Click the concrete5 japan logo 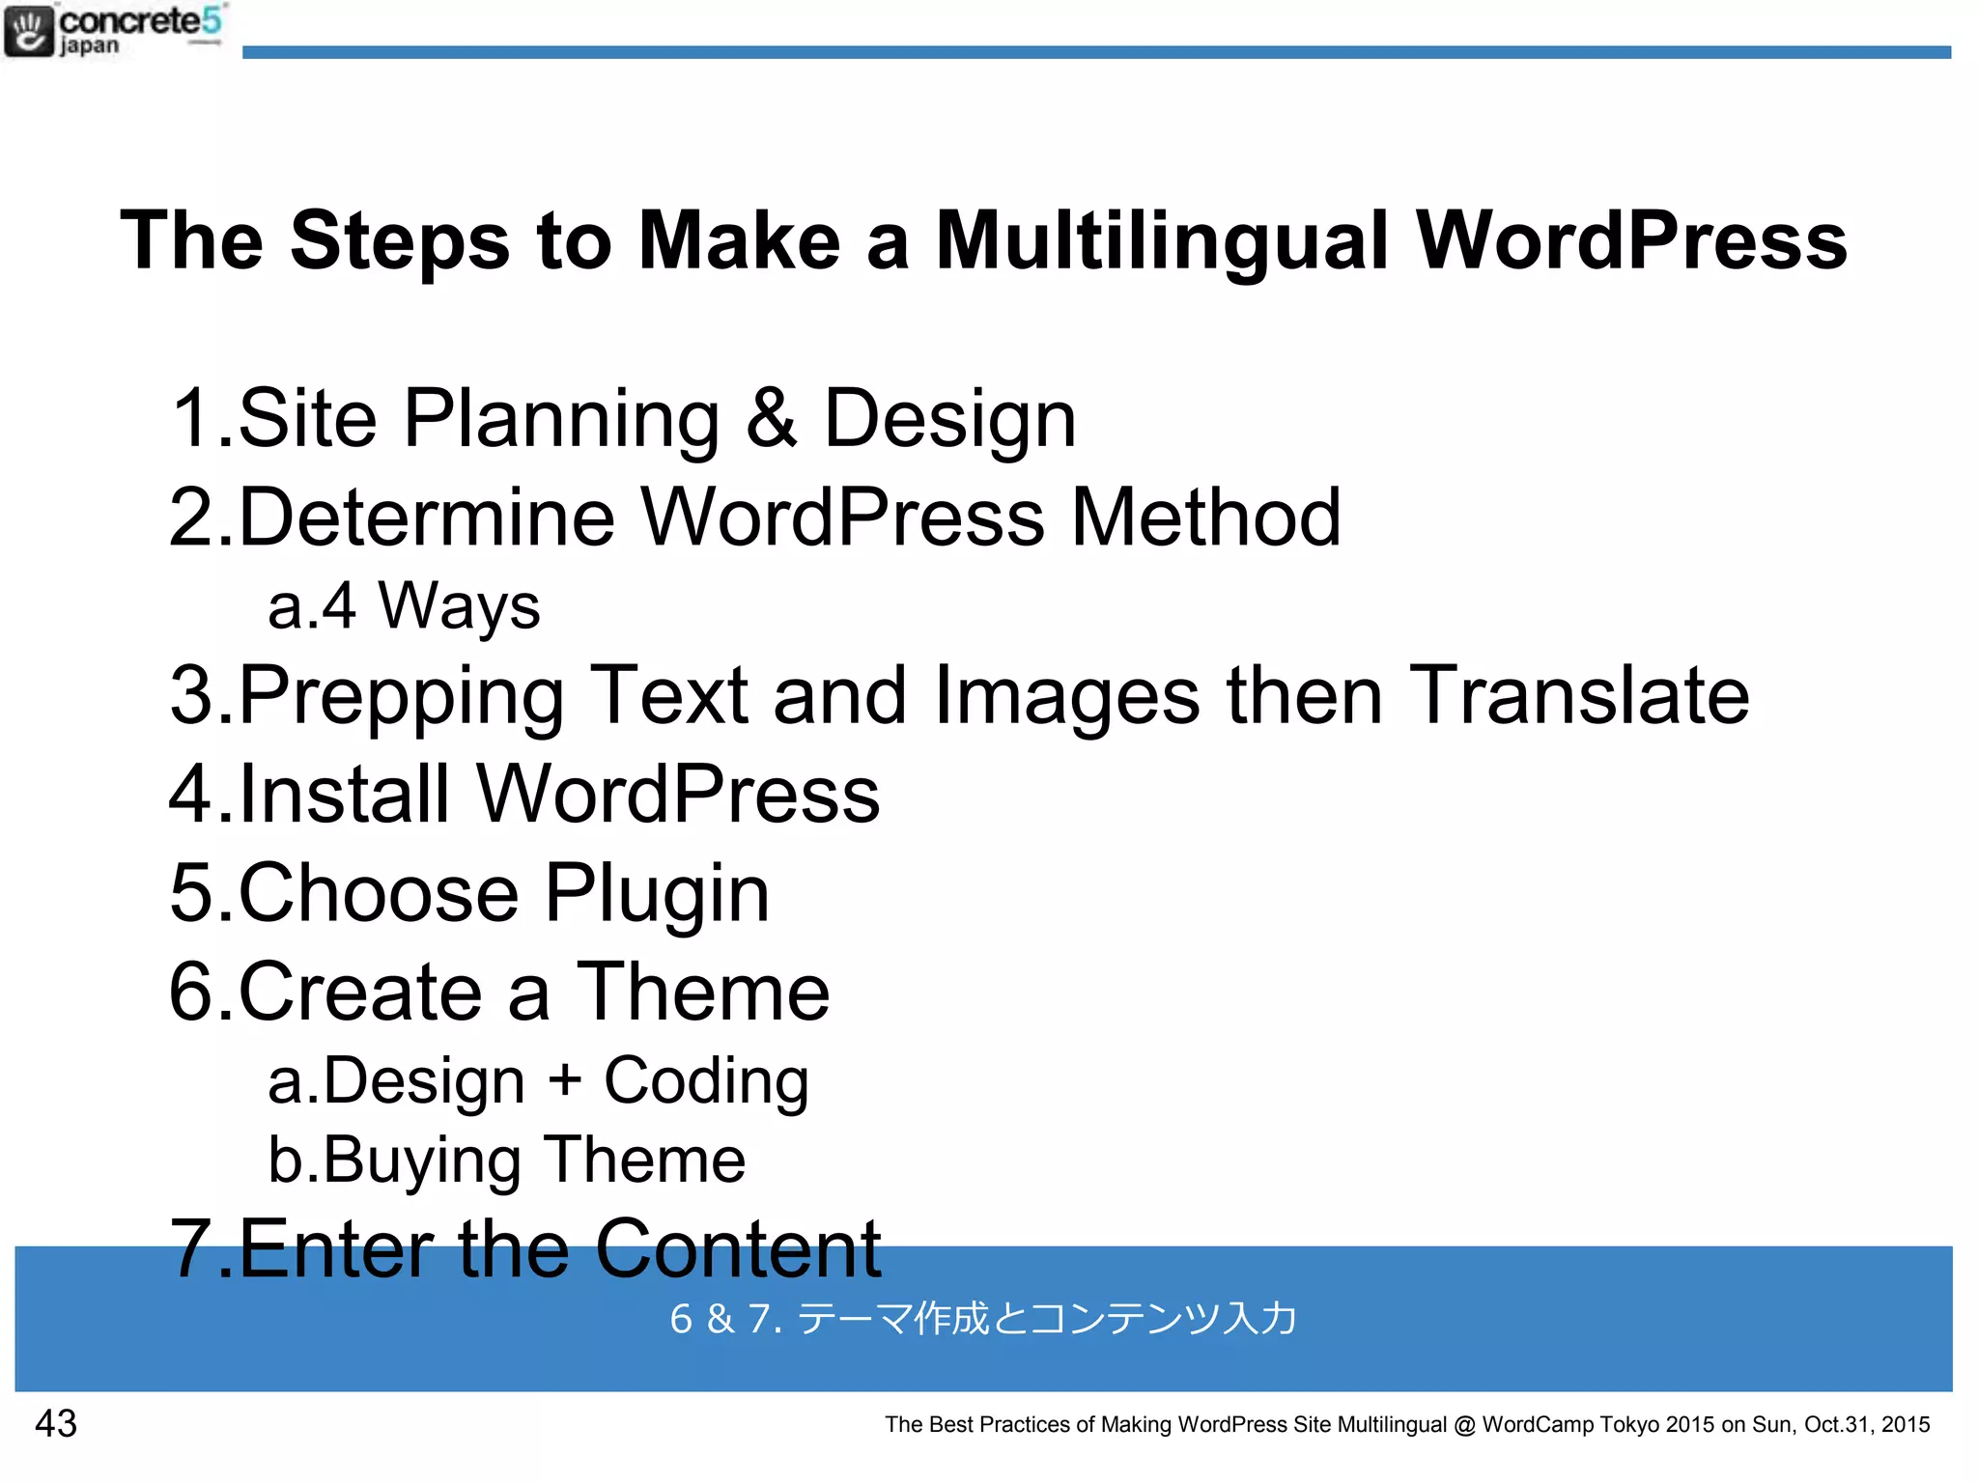[114, 31]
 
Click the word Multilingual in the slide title [1162, 241]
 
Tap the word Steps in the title [400, 241]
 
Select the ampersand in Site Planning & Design [772, 418]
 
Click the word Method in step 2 [1205, 518]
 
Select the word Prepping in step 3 [400, 696]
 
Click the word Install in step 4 [344, 794]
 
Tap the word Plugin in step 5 [657, 894]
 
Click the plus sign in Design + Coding [565, 1079]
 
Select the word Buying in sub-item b [422, 1161]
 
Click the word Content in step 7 [737, 1249]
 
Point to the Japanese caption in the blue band [983, 1319]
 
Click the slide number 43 [56, 1423]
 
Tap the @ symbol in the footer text [1464, 1425]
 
